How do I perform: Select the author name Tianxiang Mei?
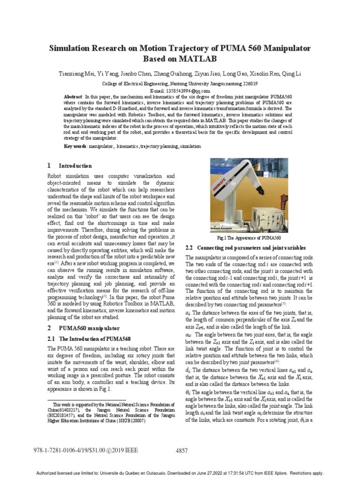click(x=76, y=74)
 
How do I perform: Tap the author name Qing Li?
click(x=292, y=74)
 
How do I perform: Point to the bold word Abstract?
click(x=73, y=97)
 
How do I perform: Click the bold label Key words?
click(x=75, y=146)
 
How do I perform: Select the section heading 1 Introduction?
click(x=70, y=165)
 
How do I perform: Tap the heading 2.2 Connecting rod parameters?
click(x=246, y=247)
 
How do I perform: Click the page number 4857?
click(x=181, y=451)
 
